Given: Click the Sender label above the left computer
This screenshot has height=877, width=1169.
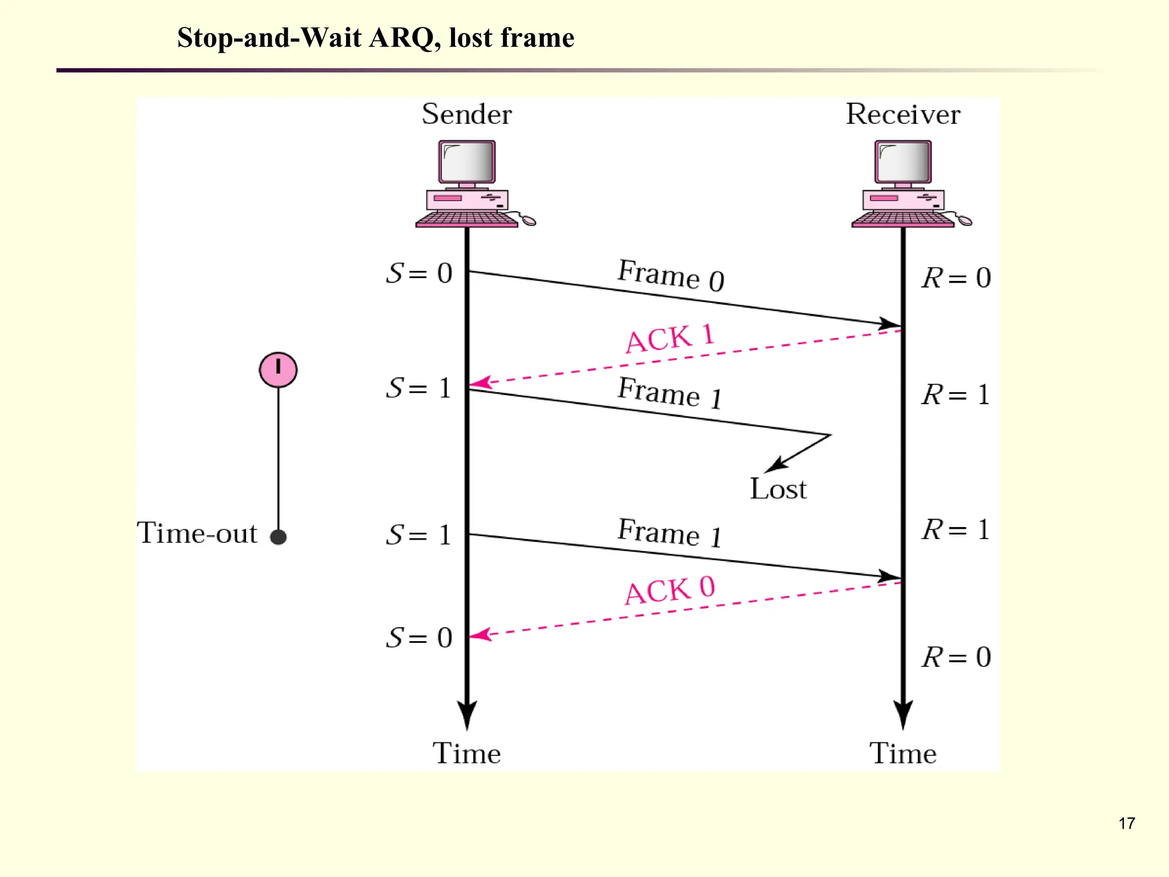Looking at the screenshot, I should click(x=466, y=114).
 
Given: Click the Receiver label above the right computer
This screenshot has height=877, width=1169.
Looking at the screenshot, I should click(x=902, y=114).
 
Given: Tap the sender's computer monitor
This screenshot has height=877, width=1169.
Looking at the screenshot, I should click(x=467, y=162).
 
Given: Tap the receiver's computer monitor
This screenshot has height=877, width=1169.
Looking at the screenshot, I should click(x=903, y=162).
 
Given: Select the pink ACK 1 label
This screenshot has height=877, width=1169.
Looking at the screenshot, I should click(x=670, y=338).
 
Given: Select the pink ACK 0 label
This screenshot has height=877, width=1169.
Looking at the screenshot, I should click(x=670, y=590).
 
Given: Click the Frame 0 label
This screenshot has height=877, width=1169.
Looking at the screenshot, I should click(x=671, y=275).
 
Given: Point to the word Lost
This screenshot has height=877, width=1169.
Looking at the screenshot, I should click(x=777, y=489).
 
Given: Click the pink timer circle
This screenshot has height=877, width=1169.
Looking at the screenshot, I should click(x=278, y=370).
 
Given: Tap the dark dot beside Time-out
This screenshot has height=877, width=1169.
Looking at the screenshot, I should click(x=278, y=537).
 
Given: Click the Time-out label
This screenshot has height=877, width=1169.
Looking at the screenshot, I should click(x=197, y=533).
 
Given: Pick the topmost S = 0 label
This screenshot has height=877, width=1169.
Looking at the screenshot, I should click(x=419, y=273).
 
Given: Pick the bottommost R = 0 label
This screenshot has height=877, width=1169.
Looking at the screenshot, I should click(x=956, y=657).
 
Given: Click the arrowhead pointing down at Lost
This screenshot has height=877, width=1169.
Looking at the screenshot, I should click(x=775, y=466).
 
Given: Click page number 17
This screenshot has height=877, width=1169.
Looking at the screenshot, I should click(x=1126, y=823).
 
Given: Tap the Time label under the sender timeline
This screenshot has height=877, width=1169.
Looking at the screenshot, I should click(x=466, y=753).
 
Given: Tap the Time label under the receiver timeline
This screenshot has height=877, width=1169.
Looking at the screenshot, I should click(x=902, y=753).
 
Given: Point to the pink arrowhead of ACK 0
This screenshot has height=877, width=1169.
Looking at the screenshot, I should click(x=479, y=634).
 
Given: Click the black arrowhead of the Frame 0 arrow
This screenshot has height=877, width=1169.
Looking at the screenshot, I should click(x=890, y=324).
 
